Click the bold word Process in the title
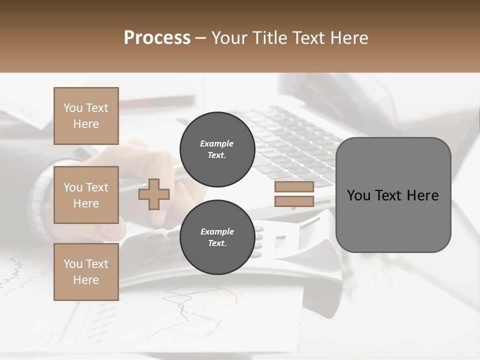click(157, 38)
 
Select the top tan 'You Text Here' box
click(86, 116)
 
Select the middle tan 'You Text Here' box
click(86, 195)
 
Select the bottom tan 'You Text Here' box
click(86, 272)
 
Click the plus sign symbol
click(154, 194)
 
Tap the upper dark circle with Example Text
click(217, 149)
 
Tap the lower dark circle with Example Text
click(217, 237)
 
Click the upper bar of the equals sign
click(294, 186)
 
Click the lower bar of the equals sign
click(294, 201)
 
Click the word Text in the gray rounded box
click(389, 195)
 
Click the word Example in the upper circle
click(216, 143)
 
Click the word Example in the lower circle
click(217, 231)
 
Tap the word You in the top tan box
click(73, 108)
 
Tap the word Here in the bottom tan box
click(86, 280)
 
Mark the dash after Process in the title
click(201, 38)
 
